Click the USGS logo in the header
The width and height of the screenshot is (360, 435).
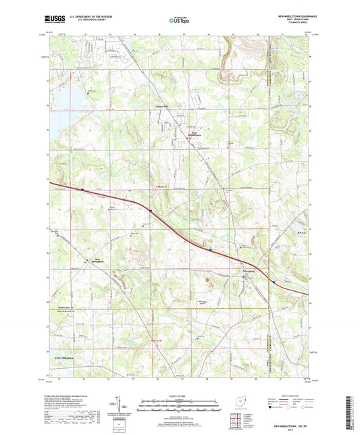pos(52,19)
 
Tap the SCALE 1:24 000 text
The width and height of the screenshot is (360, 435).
pos(179,396)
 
